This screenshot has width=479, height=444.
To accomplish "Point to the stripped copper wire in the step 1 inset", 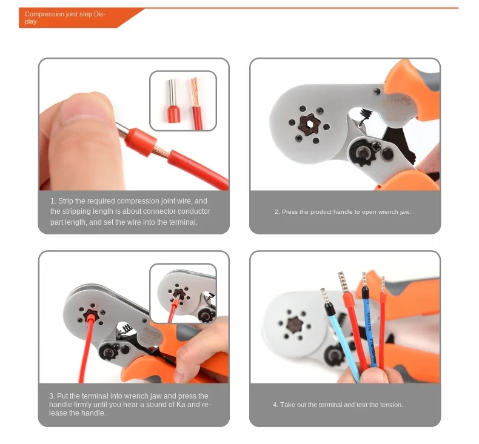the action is click(x=195, y=91).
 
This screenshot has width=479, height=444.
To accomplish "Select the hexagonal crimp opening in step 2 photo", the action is click(x=309, y=124).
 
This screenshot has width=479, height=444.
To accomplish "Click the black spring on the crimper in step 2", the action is click(x=364, y=117).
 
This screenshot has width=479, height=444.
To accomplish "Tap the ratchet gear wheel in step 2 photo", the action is click(x=364, y=151).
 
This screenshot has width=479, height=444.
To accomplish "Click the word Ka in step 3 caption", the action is click(x=181, y=405).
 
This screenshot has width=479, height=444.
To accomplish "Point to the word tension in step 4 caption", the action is click(x=392, y=405).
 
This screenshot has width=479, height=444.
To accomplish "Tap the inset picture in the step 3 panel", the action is click(x=183, y=294).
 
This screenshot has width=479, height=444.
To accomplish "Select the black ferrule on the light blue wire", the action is click(x=329, y=308).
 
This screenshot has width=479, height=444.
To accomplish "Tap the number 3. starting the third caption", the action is click(x=52, y=396).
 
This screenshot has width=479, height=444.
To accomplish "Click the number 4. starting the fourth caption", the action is click(x=275, y=405).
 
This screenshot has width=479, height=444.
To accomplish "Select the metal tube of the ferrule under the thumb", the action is click(x=122, y=130).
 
